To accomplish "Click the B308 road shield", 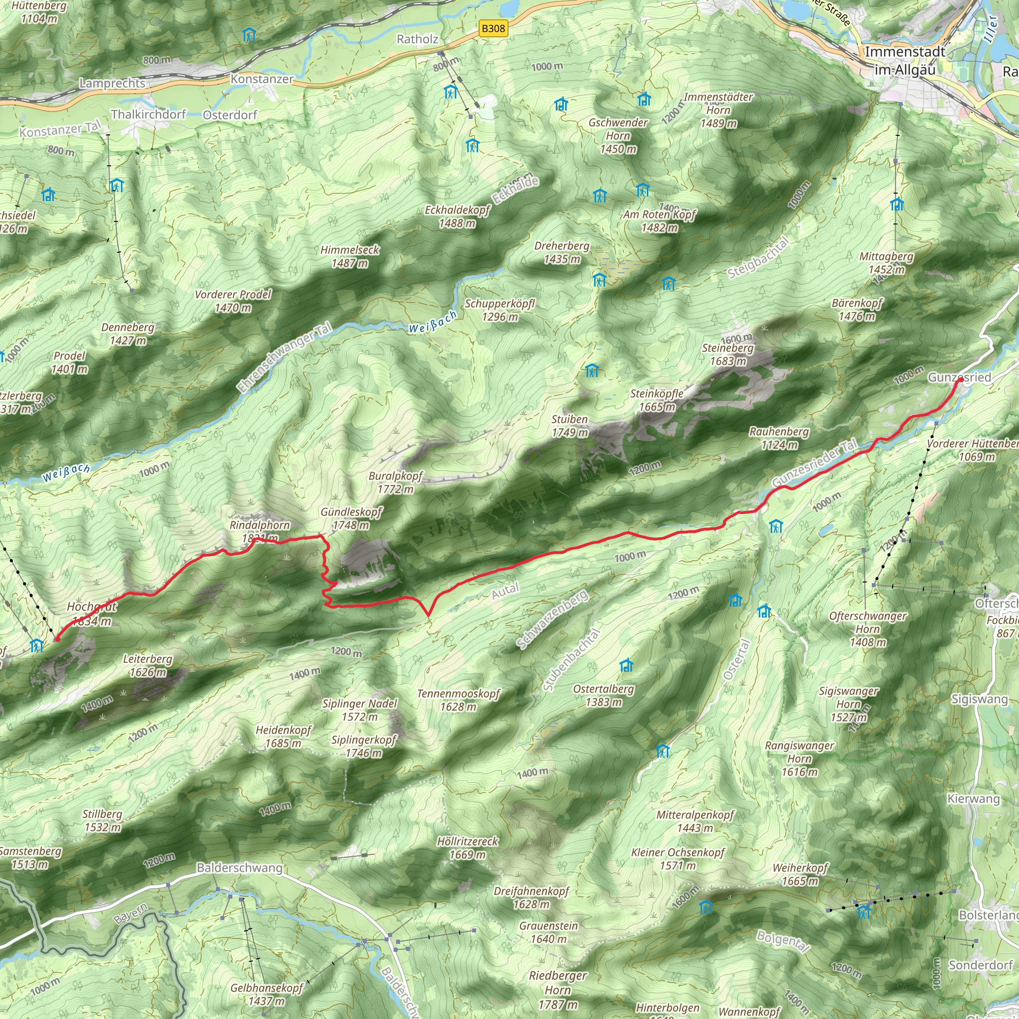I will [x=493, y=28].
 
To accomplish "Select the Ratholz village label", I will [x=417, y=39].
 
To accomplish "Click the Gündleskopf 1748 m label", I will [x=351, y=518].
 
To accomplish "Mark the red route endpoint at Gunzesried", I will [x=960, y=380].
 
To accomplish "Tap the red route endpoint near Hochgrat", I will [x=57, y=639].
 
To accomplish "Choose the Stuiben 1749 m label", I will [x=569, y=425].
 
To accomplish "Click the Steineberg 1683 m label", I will [x=728, y=354].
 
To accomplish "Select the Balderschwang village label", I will [x=239, y=868].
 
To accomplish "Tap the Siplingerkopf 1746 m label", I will [x=363, y=746].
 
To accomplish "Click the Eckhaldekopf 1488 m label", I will [x=457, y=216].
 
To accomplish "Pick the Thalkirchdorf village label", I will [x=148, y=114].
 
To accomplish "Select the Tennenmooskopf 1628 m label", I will [x=458, y=700].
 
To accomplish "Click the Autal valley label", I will [x=506, y=591].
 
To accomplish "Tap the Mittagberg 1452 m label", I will [x=886, y=263].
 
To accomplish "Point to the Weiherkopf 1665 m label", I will [x=800, y=874].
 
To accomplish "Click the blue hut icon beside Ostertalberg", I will [x=626, y=665].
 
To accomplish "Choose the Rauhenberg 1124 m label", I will [x=779, y=438].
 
